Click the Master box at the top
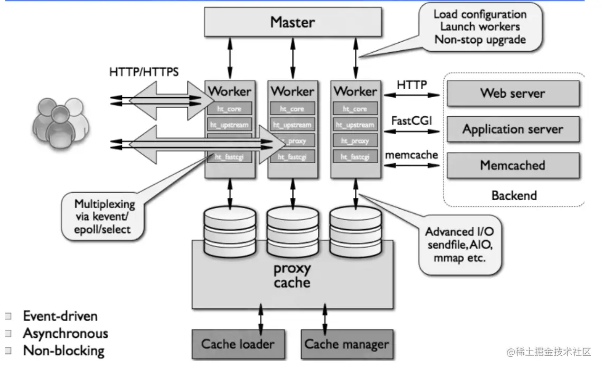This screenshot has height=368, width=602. click(292, 22)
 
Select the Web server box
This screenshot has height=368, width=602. click(513, 93)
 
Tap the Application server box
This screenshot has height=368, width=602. click(513, 129)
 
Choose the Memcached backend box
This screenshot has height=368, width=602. click(513, 165)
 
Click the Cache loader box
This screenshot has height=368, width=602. click(238, 344)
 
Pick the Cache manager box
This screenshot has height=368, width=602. click(346, 344)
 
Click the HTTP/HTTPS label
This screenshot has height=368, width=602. click(144, 71)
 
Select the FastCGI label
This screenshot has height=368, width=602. click(411, 120)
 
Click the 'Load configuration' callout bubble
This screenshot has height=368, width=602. click(479, 26)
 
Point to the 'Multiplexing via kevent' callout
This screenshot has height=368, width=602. click(105, 216)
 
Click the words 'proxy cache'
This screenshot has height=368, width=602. click(292, 275)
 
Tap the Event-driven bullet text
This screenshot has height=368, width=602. click(60, 316)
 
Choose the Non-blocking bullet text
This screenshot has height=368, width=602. click(63, 351)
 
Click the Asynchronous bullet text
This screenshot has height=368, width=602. click(65, 333)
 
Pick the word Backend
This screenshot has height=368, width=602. click(514, 195)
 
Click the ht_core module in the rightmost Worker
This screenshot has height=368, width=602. click(355, 109)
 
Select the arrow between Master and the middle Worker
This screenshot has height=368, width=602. click(292, 58)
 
